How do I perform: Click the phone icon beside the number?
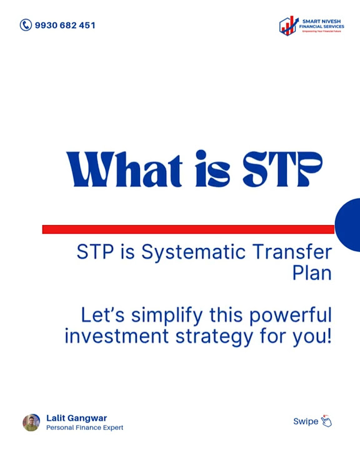pyautogui.click(x=26, y=25)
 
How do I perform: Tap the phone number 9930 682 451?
pyautogui.click(x=65, y=26)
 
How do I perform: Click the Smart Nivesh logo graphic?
pyautogui.click(x=289, y=26)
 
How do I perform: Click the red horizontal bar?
pyautogui.click(x=187, y=229)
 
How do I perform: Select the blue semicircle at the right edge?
pyautogui.click(x=349, y=225)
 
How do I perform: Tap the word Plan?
pyautogui.click(x=312, y=273)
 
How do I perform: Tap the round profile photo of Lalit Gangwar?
pyautogui.click(x=31, y=422)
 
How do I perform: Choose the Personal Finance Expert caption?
pyautogui.click(x=84, y=427)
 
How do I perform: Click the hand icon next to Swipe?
pyautogui.click(x=326, y=421)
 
